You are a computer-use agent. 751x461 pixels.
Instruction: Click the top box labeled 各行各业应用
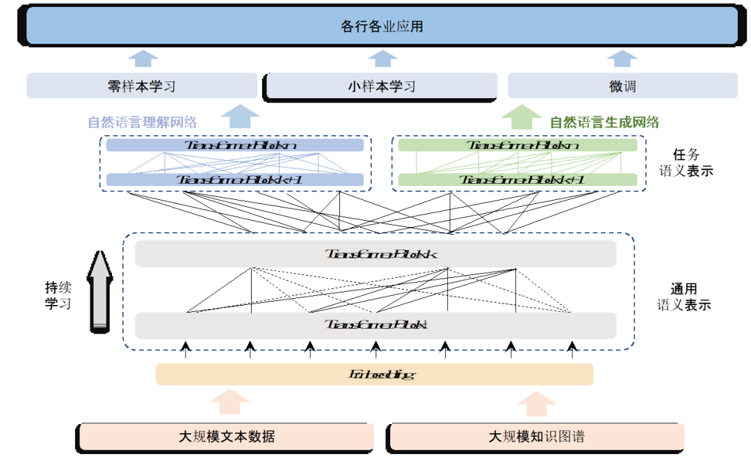[382, 26]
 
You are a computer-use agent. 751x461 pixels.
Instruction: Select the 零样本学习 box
[142, 86]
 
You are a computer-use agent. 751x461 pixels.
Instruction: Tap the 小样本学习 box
[382, 86]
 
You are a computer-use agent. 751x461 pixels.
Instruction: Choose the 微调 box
[622, 86]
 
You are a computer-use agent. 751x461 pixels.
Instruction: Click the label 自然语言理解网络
[143, 123]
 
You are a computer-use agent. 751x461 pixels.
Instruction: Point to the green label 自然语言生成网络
[604, 123]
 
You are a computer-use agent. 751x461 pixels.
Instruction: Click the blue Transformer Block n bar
[235, 145]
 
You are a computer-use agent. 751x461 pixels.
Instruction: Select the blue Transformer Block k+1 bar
[235, 180]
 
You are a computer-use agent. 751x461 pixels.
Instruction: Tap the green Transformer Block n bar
[517, 145]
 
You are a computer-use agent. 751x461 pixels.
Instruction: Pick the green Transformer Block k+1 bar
[517, 180]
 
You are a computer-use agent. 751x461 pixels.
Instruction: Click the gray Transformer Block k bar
[375, 254]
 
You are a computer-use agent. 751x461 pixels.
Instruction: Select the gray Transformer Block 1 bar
[375, 325]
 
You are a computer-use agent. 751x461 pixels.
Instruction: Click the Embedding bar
[375, 374]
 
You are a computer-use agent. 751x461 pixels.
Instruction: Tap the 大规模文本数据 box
[227, 437]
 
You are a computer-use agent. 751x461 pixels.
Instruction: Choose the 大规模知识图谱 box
[537, 437]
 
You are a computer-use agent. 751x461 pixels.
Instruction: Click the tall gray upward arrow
[101, 289]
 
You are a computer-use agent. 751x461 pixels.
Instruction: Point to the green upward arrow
[522, 116]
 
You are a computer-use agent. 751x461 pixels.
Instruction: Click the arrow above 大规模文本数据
[229, 403]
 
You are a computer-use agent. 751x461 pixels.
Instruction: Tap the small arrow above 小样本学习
[382, 58]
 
